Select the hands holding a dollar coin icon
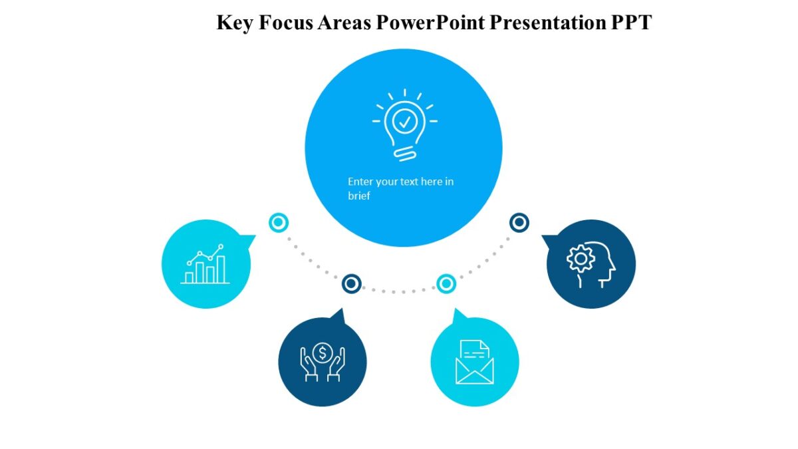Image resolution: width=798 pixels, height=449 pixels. [x=323, y=363]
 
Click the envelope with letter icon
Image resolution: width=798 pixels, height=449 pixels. [x=475, y=363]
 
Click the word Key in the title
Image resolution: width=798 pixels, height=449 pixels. [x=235, y=23]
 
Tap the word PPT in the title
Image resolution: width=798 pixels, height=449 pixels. [x=632, y=23]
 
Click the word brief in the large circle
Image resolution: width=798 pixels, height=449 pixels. [x=359, y=196]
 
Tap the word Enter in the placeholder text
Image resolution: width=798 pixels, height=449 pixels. [x=360, y=182]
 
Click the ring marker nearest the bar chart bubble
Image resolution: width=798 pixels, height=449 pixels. [x=279, y=222]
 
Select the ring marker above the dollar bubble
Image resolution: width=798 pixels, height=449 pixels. [x=352, y=284]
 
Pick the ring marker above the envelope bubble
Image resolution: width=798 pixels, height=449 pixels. [x=446, y=284]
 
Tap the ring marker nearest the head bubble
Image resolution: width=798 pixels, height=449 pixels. [x=519, y=222]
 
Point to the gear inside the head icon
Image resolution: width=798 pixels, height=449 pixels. [x=580, y=258]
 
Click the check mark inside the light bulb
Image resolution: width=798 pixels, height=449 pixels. [x=404, y=121]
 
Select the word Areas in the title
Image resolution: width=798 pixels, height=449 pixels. [x=346, y=23]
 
